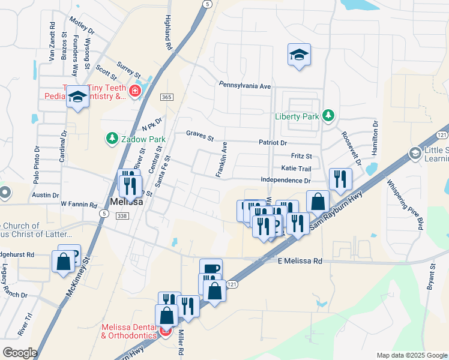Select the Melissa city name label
(126, 202)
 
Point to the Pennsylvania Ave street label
(245, 86)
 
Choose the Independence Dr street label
(286, 180)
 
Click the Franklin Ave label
(221, 159)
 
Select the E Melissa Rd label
(300, 261)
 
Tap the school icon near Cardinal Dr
(77, 97)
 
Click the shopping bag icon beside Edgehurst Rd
(62, 262)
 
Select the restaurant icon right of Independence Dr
(340, 179)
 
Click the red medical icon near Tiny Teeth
(135, 91)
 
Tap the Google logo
(20, 353)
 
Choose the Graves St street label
(200, 136)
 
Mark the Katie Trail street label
(296, 169)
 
